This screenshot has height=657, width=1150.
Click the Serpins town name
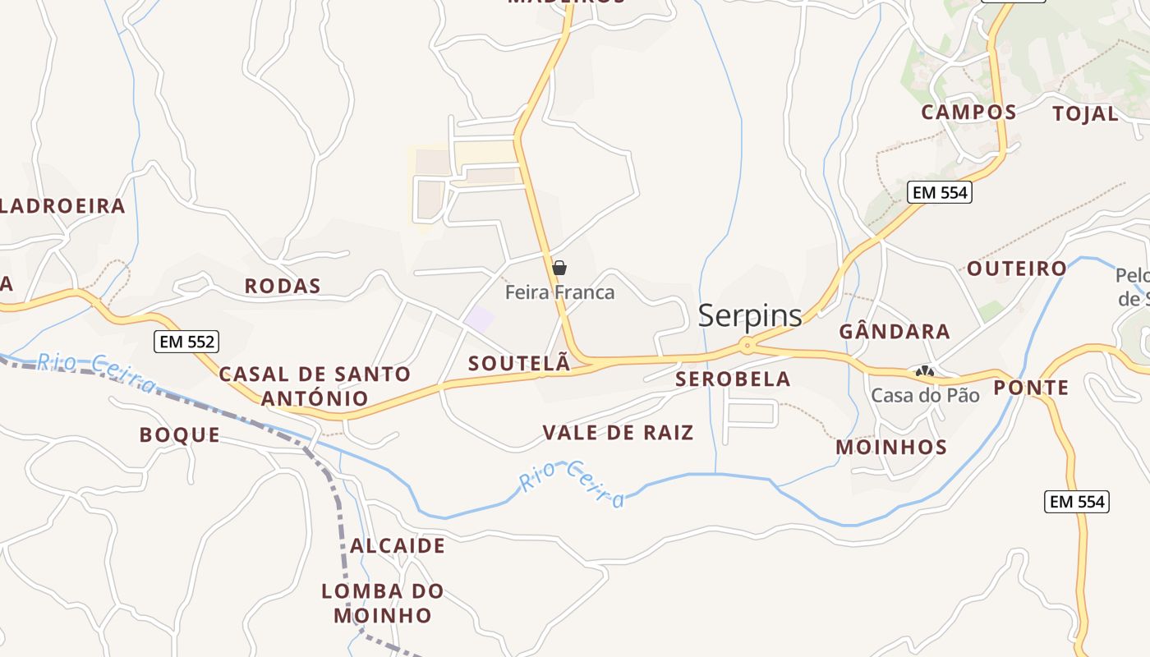coord(749,315)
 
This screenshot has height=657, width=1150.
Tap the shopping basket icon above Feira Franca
coord(559,268)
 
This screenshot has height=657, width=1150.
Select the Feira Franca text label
coord(559,292)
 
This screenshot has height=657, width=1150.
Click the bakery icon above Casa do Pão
coord(926,372)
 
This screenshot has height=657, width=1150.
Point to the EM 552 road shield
coord(187,342)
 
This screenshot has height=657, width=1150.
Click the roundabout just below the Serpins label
coord(747,346)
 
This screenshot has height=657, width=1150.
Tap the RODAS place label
coord(283,287)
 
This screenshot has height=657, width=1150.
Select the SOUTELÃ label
coord(519,364)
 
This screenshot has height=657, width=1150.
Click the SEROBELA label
coord(733,379)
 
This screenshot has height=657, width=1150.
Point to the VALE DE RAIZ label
coord(619,433)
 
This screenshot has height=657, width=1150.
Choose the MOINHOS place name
coord(891,448)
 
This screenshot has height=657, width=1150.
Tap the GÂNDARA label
coord(895,332)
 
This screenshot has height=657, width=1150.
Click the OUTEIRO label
coord(1016,269)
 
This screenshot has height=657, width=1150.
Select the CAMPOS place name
coord(968,113)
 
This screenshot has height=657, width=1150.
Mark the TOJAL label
coord(1085,114)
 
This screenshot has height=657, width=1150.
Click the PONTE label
coord(1031,388)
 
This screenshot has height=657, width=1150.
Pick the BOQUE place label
coord(180,435)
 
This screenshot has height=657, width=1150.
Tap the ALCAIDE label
coord(398,546)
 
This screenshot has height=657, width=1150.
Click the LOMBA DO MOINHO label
coord(383,603)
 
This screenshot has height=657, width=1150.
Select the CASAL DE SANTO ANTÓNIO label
coord(315,386)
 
